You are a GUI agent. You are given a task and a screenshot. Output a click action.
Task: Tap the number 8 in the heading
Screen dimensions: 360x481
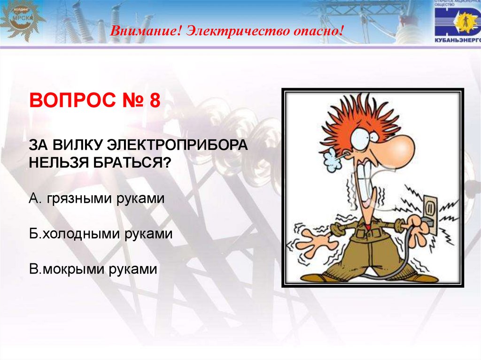tap(155, 100)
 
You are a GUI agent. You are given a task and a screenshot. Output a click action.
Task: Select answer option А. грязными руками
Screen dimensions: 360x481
tap(96, 199)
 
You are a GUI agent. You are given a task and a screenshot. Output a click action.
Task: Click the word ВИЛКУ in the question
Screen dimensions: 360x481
tap(77, 146)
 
